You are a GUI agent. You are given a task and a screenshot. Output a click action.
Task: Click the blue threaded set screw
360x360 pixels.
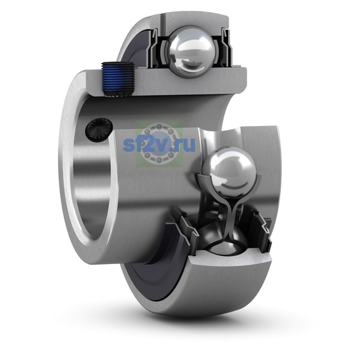click(x=118, y=79)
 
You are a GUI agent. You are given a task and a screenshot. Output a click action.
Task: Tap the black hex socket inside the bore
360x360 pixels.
click(x=99, y=128)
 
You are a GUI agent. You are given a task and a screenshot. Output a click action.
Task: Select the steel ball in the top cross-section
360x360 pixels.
click(x=191, y=52)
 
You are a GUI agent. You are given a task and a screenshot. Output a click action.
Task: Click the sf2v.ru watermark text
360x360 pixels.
click(x=159, y=144)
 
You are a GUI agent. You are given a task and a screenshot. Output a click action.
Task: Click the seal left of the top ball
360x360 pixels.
click(x=155, y=49)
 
